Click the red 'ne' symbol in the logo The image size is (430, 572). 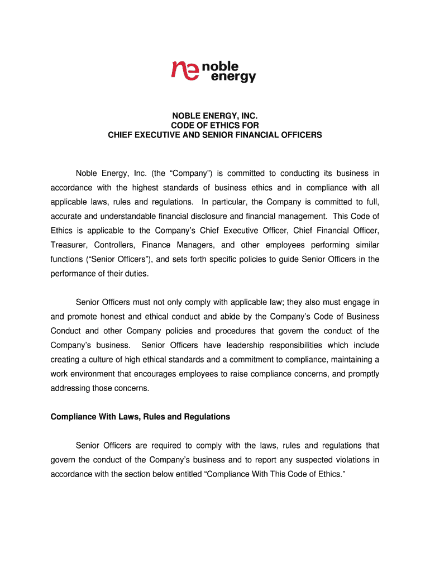pos(185,70)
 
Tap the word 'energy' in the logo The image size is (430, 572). pos(234,77)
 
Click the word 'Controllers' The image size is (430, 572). pos(114,245)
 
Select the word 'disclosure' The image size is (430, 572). pos(210,216)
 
